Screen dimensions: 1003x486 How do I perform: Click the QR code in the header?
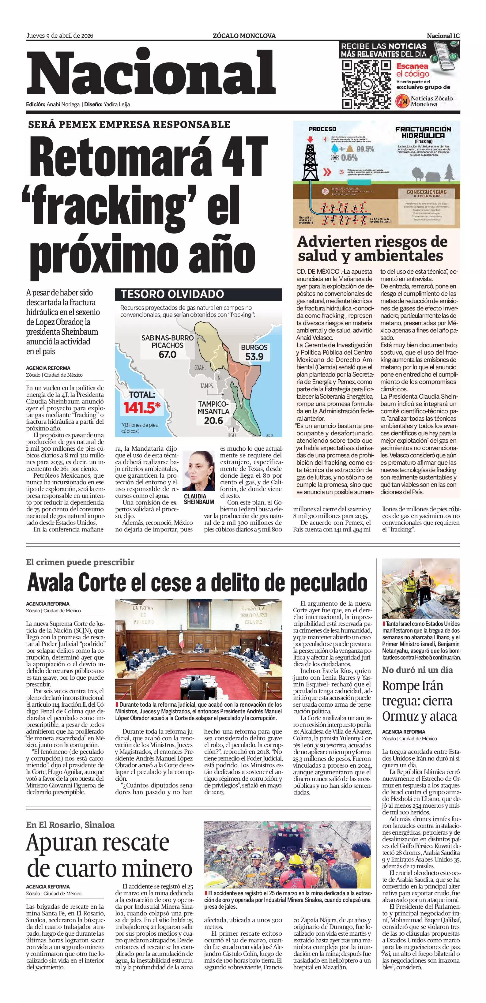[x=366, y=85]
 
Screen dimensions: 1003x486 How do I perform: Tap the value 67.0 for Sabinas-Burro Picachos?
[x=168, y=354]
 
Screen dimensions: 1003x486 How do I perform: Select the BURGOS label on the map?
[x=254, y=347]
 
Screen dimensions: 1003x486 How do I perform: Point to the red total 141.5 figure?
[x=142, y=408]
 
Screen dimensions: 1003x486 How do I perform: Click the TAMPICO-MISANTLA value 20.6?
[x=213, y=420]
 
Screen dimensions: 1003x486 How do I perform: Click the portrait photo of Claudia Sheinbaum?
[x=199, y=471]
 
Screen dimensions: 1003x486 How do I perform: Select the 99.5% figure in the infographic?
[x=365, y=149]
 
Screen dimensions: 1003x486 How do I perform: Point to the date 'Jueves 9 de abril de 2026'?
[x=60, y=36]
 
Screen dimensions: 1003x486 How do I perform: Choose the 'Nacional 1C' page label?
[x=443, y=36]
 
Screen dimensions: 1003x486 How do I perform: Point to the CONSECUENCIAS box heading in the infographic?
[x=426, y=192]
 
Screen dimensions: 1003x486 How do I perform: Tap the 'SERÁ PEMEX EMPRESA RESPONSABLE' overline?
[x=129, y=125]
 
